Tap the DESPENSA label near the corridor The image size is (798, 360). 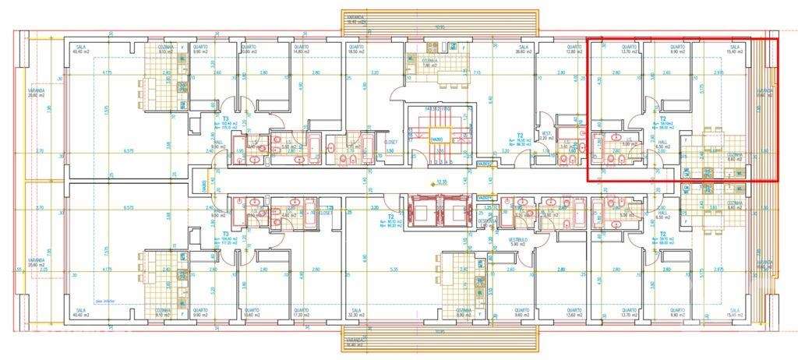tap(489, 220)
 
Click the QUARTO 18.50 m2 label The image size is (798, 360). tap(357, 50)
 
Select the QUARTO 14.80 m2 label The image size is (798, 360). tap(302, 50)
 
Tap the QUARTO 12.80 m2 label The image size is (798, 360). tap(574, 50)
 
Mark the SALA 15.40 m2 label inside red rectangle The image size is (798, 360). tap(734, 50)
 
